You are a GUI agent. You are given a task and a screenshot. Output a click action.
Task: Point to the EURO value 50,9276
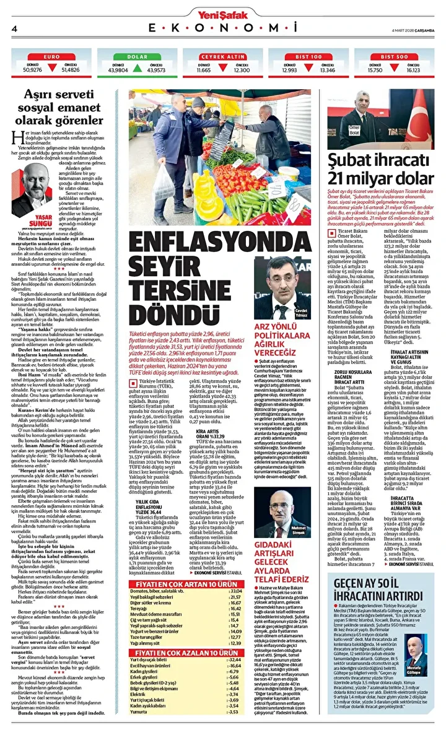[x=32, y=71]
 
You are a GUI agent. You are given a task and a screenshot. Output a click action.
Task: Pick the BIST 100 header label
[x=308, y=56]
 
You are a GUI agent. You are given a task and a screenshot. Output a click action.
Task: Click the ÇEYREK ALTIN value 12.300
[x=242, y=71]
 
